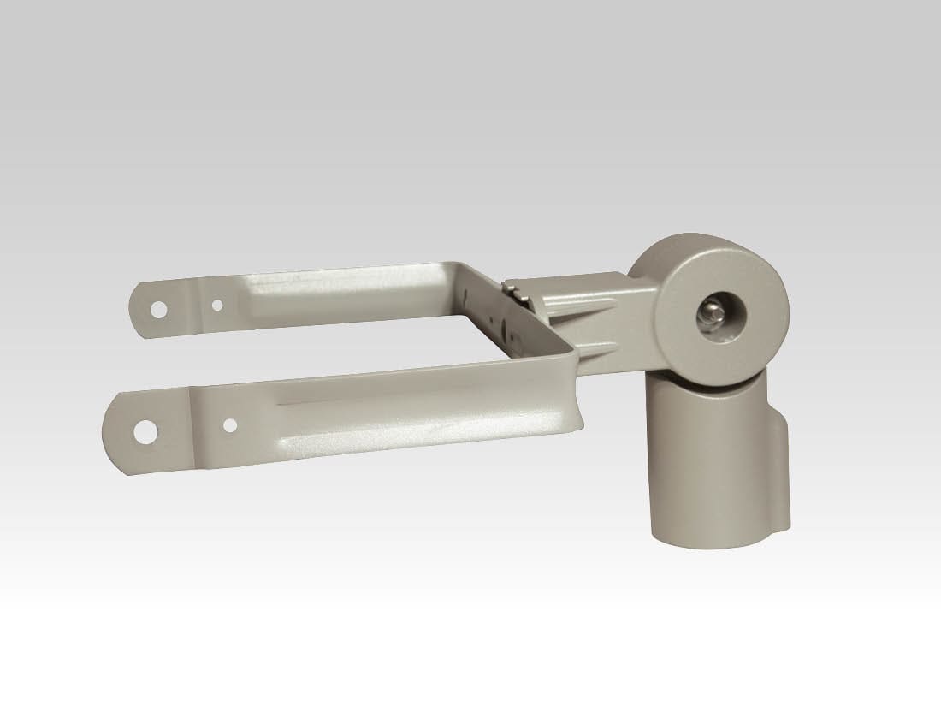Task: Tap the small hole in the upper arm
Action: (x=217, y=304)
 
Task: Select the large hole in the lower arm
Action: (x=146, y=432)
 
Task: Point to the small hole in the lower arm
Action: (x=229, y=424)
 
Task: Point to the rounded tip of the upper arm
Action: (x=137, y=306)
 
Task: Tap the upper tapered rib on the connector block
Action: (x=590, y=301)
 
